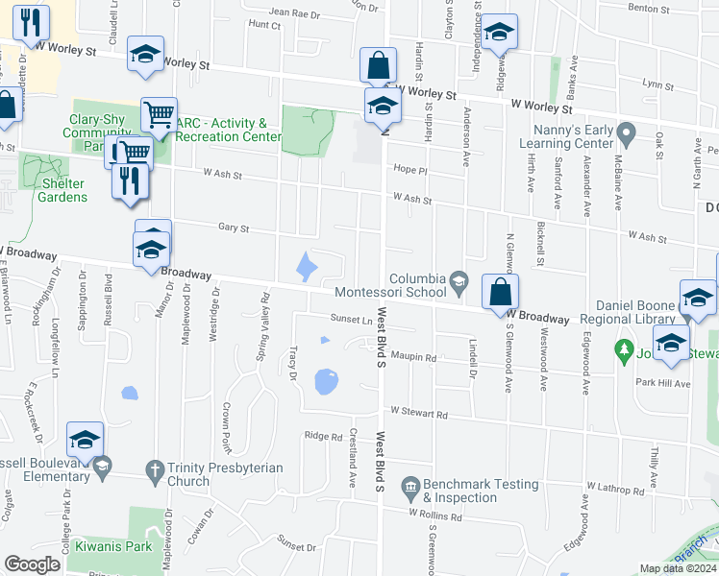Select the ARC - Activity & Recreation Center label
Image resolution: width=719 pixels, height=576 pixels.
[x=228, y=130]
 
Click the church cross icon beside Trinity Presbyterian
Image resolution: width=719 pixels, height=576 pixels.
[x=154, y=469]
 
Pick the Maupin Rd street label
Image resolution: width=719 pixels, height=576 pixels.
[x=413, y=358]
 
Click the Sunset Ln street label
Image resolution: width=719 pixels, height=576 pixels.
[x=352, y=319]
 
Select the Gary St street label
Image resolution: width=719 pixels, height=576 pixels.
[x=233, y=228]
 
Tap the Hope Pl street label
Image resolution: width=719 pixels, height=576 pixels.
[x=409, y=168]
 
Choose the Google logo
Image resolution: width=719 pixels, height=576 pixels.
[x=32, y=564]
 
